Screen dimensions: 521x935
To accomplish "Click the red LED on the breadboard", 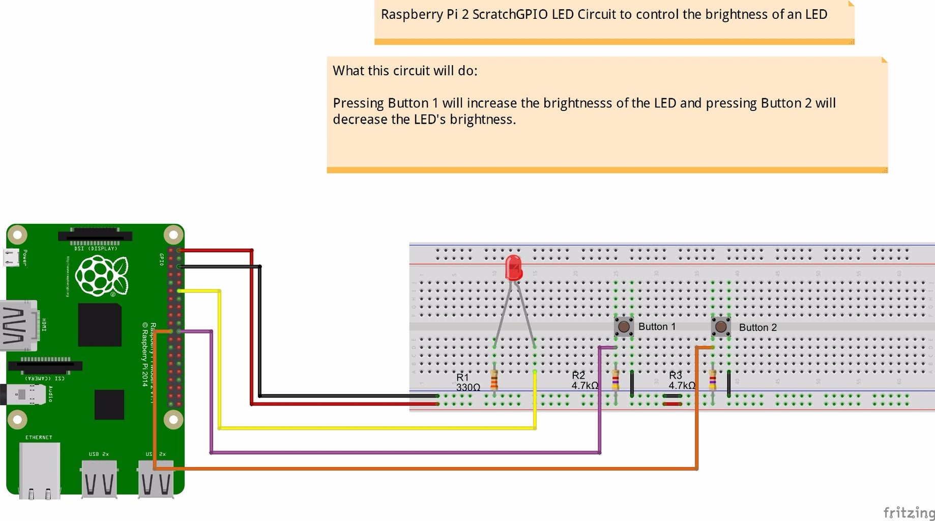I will pyautogui.click(x=514, y=268).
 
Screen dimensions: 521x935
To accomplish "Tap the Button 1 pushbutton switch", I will pyautogui.click(x=624, y=327).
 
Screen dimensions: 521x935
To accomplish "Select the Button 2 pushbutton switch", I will pyautogui.click(x=721, y=327).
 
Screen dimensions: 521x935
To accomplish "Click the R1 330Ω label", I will pyautogui.click(x=467, y=382).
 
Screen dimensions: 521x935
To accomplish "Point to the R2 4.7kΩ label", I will pyautogui.click(x=583, y=381).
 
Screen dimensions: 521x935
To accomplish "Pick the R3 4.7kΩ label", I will pyautogui.click(x=681, y=381).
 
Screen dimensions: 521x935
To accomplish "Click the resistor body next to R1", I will pyautogui.click(x=494, y=380).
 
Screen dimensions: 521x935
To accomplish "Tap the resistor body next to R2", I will pyautogui.click(x=616, y=380).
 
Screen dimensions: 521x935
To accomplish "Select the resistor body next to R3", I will pyautogui.click(x=713, y=380).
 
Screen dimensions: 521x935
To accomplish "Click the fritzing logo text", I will pyautogui.click(x=909, y=512).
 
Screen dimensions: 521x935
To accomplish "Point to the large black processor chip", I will pyautogui.click(x=100, y=325).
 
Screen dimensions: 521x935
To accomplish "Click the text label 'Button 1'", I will pyautogui.click(x=657, y=327).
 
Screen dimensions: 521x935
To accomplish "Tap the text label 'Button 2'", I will pyautogui.click(x=757, y=328).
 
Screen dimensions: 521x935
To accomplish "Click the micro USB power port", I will pyautogui.click(x=11, y=257).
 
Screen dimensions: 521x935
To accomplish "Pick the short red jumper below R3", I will pyautogui.click(x=673, y=404).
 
